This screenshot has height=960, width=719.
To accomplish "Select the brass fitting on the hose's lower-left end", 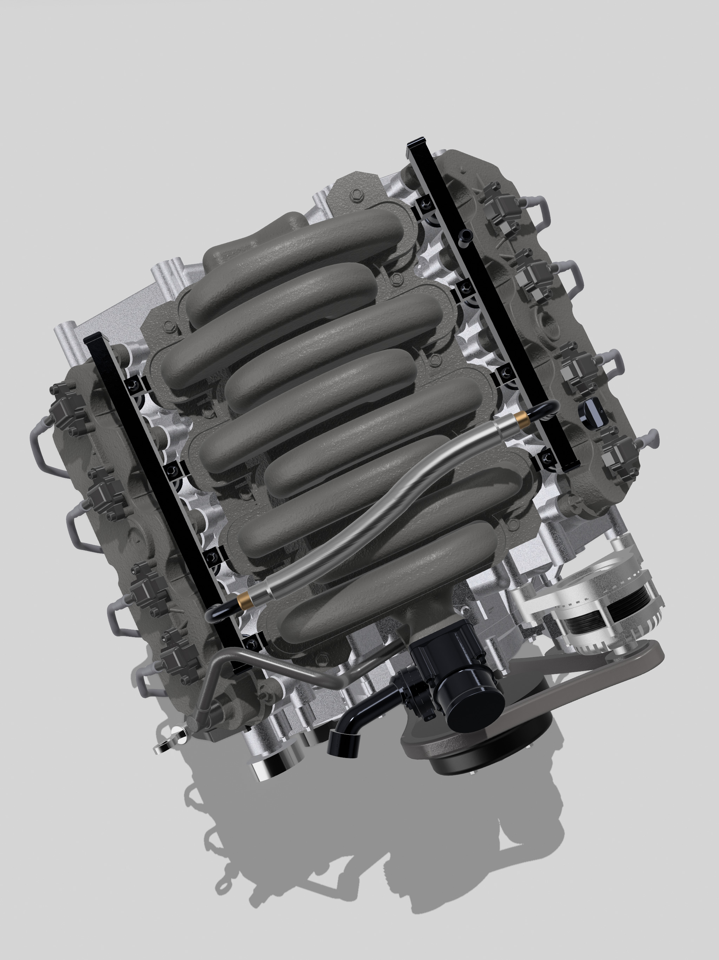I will point(244,600).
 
